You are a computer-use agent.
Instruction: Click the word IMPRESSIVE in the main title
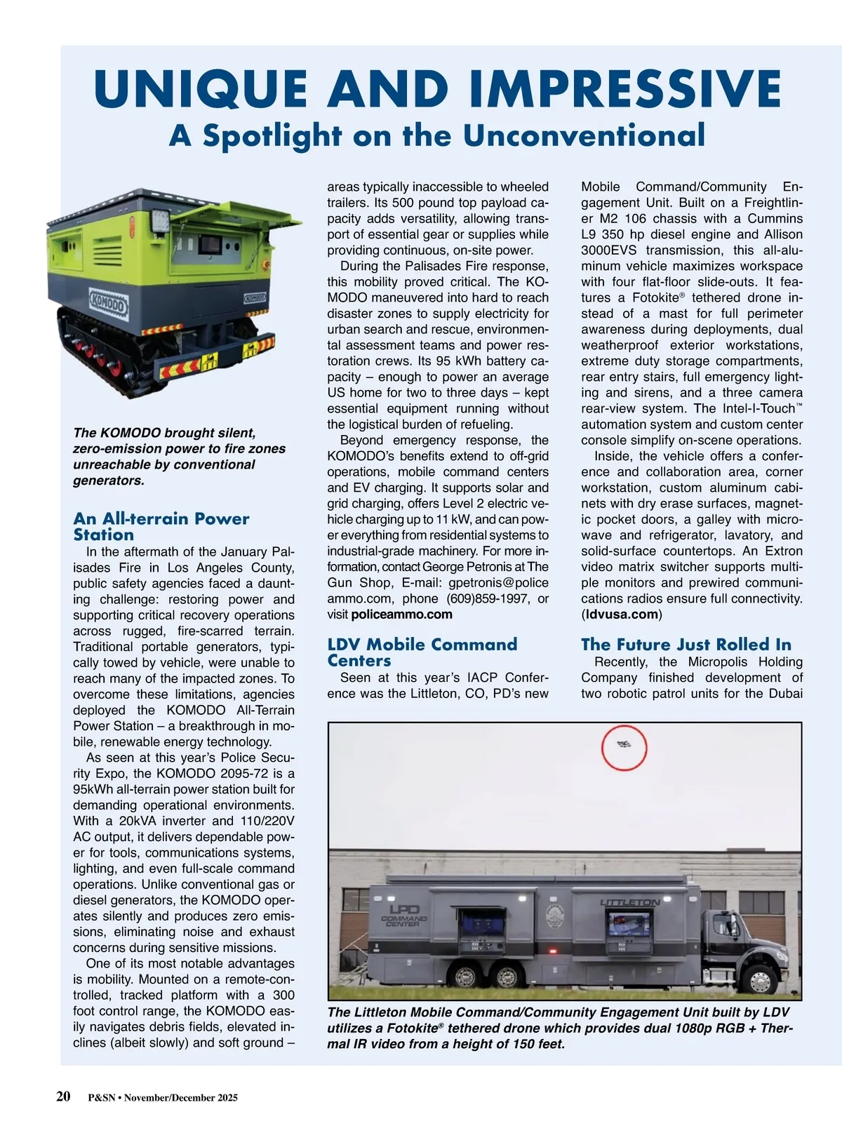coord(625,89)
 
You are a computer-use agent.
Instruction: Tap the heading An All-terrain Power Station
coord(161,526)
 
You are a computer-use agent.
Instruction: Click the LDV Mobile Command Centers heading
coord(422,652)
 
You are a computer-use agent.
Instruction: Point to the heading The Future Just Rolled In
coord(686,644)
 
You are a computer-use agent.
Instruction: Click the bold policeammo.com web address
coord(401,615)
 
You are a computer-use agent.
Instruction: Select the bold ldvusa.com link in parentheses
coord(622,615)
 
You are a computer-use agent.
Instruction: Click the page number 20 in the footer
coord(63,1097)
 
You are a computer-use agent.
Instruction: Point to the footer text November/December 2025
coord(181,1098)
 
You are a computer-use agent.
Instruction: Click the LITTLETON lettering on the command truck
coord(629,902)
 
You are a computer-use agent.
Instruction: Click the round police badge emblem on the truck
coord(554,916)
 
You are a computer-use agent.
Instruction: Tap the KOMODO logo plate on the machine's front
coord(108,304)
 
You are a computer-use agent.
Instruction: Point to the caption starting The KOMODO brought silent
coord(179,456)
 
